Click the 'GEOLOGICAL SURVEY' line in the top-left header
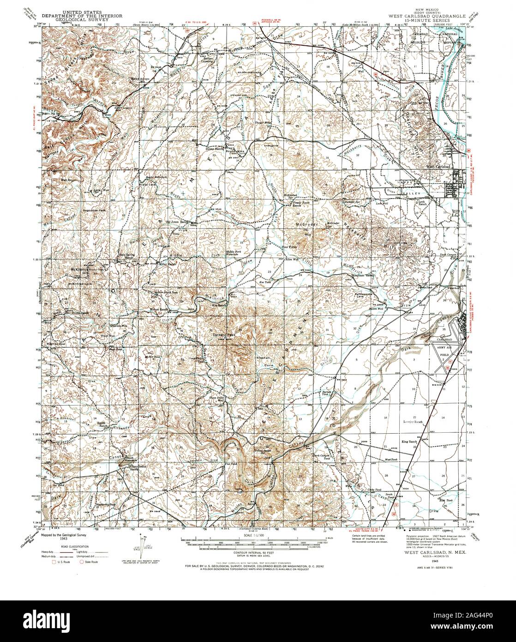(x=83, y=20)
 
